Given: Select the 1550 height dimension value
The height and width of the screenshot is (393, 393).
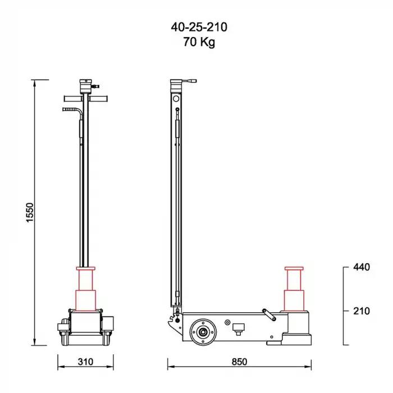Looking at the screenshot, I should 30,212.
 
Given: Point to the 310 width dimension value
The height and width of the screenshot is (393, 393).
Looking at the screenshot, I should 85,362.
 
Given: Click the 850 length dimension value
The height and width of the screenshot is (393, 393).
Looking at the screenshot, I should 239,362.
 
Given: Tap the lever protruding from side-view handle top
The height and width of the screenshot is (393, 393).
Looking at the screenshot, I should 192,81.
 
